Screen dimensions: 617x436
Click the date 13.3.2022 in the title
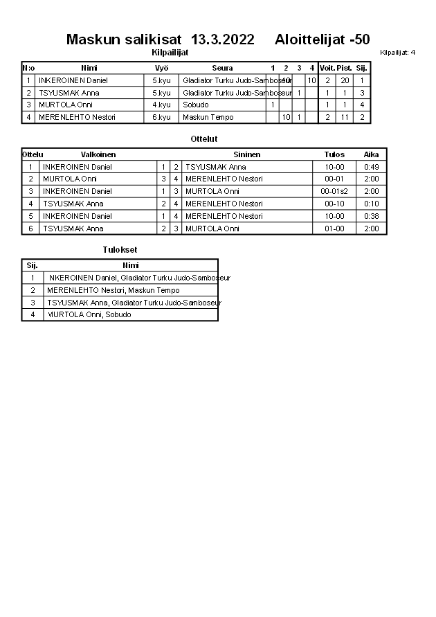(x=221, y=39)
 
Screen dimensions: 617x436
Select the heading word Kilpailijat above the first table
(x=170, y=52)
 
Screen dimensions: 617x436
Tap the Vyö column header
(x=161, y=68)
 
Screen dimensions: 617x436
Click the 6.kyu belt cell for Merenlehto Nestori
(x=161, y=117)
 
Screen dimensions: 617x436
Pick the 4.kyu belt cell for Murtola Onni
(x=161, y=105)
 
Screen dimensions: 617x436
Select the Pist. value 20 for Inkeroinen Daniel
(x=345, y=80)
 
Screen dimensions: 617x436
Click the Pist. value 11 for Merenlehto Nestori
(x=345, y=117)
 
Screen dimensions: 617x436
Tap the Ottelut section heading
(x=204, y=139)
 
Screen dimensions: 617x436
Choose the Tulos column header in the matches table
(x=334, y=154)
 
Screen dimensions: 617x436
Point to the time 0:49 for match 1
(x=372, y=167)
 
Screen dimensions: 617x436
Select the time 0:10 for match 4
(x=372, y=204)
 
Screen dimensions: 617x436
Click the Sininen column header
(x=247, y=154)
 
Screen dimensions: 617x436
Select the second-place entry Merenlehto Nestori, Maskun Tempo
(x=113, y=290)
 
